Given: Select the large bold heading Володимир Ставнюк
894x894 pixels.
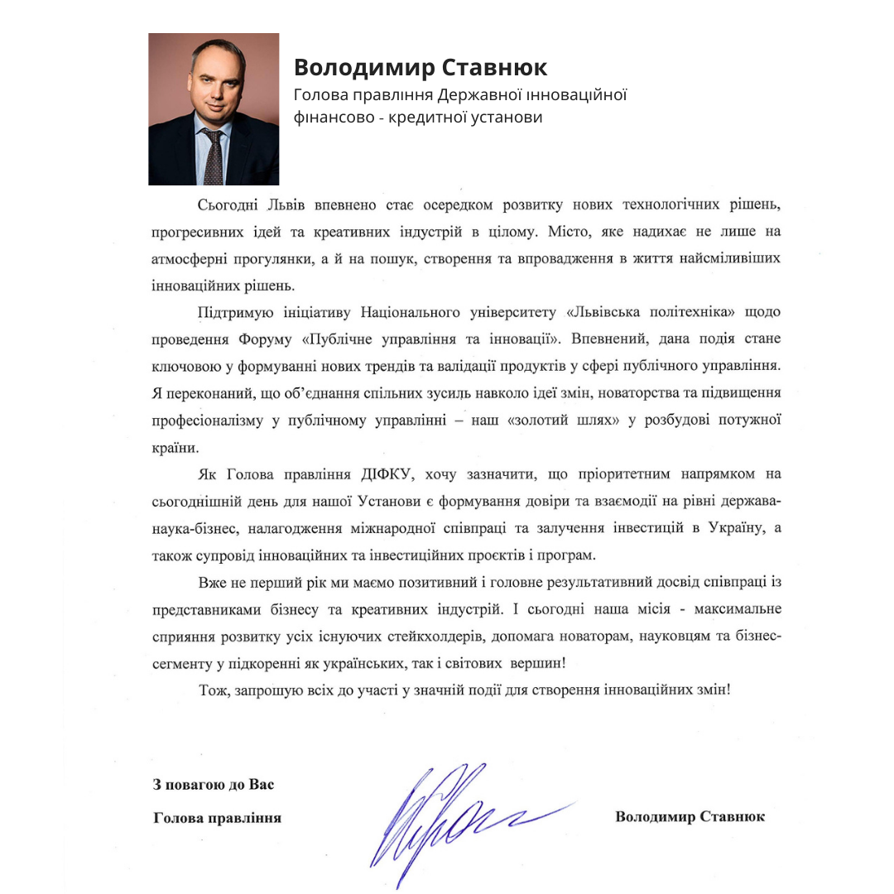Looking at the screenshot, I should click(421, 67).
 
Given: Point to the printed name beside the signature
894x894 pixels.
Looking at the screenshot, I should click(690, 817).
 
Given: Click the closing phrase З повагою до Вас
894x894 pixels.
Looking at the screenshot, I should click(213, 783).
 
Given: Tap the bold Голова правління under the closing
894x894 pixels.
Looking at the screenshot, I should click(218, 818).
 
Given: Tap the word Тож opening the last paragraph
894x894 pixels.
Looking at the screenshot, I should click(212, 690).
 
